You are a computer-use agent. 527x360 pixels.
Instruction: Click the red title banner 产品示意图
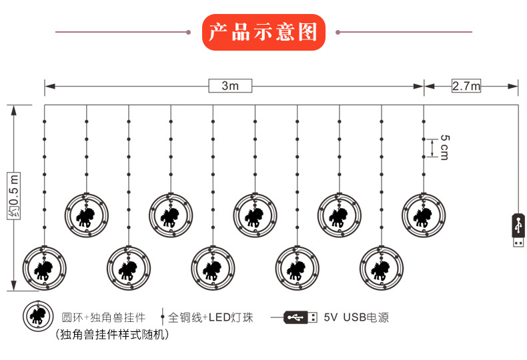(263, 31)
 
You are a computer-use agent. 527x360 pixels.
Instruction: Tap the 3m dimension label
(229, 86)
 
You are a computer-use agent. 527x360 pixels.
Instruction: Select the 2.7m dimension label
(466, 86)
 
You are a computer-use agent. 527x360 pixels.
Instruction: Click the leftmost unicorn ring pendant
(45, 268)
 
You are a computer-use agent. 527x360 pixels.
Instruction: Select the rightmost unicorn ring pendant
(424, 214)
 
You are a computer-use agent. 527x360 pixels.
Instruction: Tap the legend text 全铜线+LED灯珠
(210, 317)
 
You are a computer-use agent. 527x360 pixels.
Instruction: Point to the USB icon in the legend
(300, 317)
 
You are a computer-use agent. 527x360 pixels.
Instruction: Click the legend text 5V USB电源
(356, 317)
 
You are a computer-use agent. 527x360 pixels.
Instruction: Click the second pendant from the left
(87, 214)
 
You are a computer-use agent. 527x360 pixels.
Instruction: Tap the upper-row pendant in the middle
(255, 214)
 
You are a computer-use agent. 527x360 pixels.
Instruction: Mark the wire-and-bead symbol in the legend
(163, 317)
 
